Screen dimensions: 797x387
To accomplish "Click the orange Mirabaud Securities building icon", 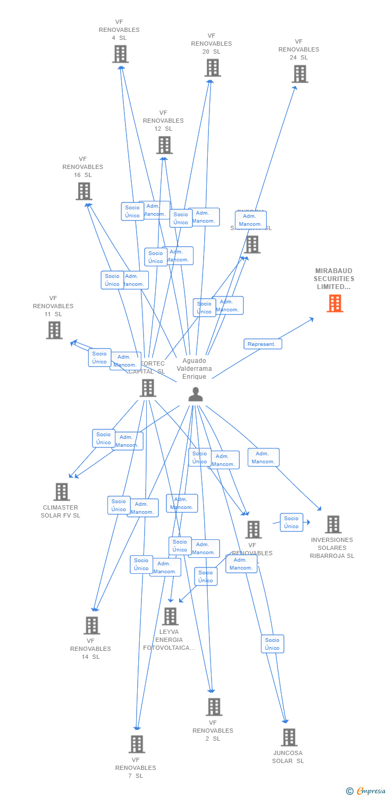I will coord(335,303).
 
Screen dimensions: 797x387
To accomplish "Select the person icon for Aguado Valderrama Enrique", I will coord(196,394).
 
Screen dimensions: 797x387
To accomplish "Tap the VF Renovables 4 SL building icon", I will coord(120,54).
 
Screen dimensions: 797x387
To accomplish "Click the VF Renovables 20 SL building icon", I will coord(213,67).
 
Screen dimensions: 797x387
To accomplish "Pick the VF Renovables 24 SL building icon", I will coord(300,74).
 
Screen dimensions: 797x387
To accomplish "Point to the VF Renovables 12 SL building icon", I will coord(164,145).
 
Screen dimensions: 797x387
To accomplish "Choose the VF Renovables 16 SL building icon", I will coord(84,191).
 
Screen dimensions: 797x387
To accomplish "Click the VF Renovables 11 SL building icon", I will coord(54,330).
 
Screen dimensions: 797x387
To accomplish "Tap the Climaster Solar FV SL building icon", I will coord(62,491).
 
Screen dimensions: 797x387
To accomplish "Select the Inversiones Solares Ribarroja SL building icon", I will coord(333,524).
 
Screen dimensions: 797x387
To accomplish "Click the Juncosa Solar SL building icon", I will coord(289,737).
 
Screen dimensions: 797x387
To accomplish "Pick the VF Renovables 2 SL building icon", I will coord(214,707).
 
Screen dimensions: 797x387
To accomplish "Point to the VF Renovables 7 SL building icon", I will coord(137,744).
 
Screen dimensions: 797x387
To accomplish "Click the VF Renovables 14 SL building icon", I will coord(91,625).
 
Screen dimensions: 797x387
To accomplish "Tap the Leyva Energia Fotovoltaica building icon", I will coord(170,616).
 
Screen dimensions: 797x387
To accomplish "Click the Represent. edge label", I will coord(263,344).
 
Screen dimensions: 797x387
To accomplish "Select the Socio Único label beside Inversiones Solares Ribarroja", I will coord(291,522).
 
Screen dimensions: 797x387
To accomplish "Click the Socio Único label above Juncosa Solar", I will coord(272,644).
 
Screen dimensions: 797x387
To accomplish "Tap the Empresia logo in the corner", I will coord(366,791).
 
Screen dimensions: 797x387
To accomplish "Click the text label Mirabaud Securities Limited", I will coord(334,279).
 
